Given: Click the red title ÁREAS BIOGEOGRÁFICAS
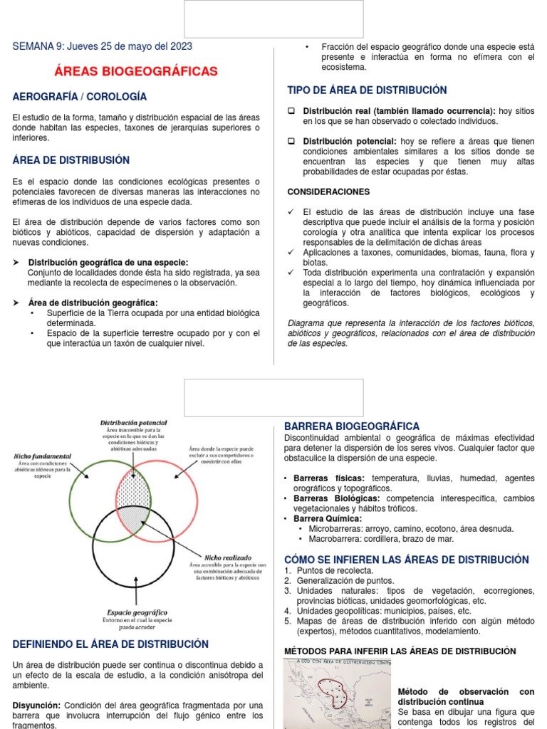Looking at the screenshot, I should pos(136,72).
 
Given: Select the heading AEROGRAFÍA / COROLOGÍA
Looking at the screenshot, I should pos(80,96).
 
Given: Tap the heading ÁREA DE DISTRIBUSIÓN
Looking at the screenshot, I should pos(71,160).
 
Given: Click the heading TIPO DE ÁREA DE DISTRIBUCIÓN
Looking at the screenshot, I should pos(367,90).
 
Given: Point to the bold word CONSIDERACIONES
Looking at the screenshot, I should pos(328,192).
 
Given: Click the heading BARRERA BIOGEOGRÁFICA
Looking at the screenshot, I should pos(352,426).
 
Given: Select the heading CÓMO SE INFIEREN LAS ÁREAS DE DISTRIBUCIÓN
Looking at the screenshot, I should pos(407,560).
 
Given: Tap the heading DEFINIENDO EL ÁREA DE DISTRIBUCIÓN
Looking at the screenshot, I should pos(110,644).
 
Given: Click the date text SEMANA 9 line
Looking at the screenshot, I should pos(103,46).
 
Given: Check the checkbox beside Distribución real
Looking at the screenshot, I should pos(291,112).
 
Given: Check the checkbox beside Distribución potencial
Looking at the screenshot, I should pos(291,142).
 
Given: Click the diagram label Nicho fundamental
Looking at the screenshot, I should pos(42,456).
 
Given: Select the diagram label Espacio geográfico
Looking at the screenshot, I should pos(137,612).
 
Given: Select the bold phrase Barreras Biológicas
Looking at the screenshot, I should pos(336,498).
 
